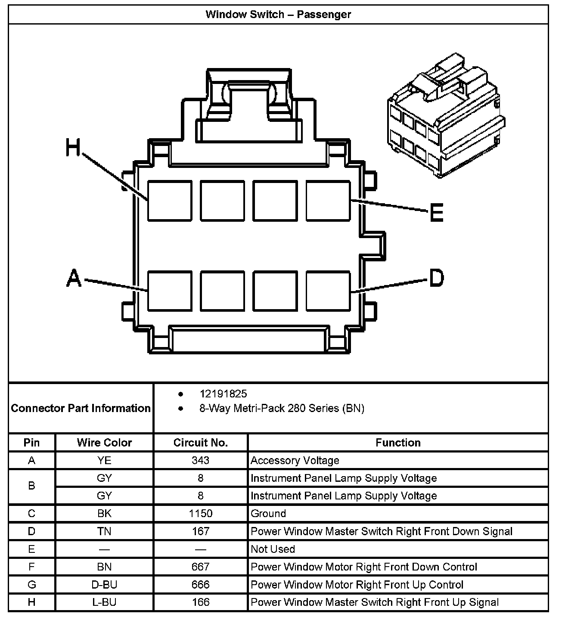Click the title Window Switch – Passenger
click(278, 14)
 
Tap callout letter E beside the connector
click(437, 212)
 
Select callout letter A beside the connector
click(74, 278)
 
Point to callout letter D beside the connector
click(436, 278)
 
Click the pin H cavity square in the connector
click(170, 201)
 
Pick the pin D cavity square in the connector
click(328, 291)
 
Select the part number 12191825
click(223, 394)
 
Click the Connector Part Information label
click(81, 408)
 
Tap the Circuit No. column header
click(200, 443)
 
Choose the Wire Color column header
click(104, 443)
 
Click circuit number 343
click(200, 460)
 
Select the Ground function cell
click(268, 513)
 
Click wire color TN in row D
click(104, 531)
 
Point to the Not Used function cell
click(273, 549)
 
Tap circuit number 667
click(200, 567)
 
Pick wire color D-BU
click(104, 585)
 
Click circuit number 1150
click(200, 513)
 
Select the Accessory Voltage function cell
click(295, 460)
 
